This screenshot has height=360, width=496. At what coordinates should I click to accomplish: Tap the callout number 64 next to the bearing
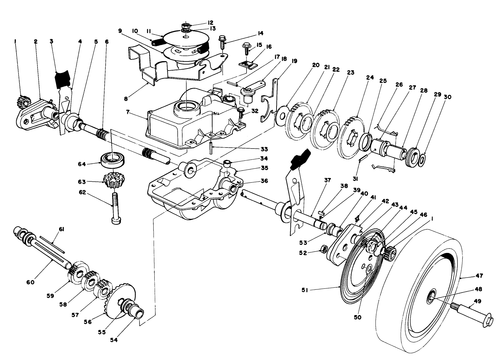(82, 164)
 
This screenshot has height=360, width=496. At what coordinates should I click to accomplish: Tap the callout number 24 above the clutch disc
(370, 77)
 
